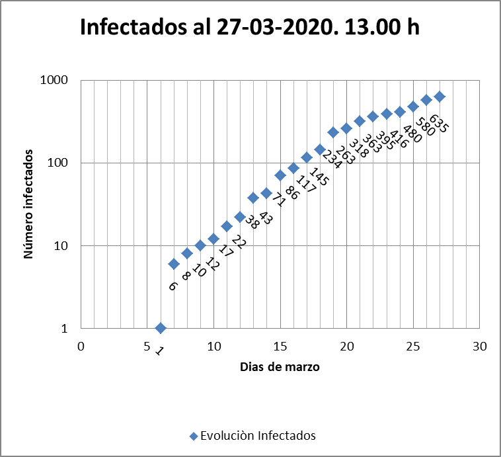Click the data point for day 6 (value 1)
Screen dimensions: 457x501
pyautogui.click(x=160, y=328)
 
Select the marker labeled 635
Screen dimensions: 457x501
pyautogui.click(x=440, y=97)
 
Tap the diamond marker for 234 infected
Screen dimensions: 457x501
pyautogui.click(x=333, y=132)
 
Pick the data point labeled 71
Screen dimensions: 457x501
pyautogui.click(x=280, y=175)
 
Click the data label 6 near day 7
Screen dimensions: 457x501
pyautogui.click(x=173, y=286)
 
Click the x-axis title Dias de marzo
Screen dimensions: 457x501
pyautogui.click(x=280, y=367)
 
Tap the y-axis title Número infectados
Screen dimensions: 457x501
pyautogui.click(x=30, y=204)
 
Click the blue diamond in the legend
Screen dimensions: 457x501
pyautogui.click(x=193, y=436)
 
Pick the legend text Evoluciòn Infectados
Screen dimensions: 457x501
pyautogui.click(x=258, y=436)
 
